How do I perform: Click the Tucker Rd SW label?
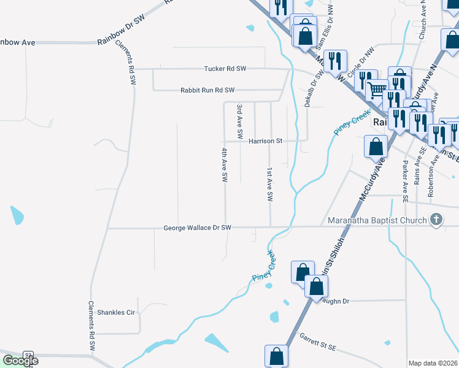click(225, 69)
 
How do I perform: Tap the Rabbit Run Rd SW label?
click(207, 90)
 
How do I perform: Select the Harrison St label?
click(265, 141)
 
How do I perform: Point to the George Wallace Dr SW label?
click(197, 228)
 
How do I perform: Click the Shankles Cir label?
click(115, 312)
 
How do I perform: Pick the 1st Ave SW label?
click(269, 185)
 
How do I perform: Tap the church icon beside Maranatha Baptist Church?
click(436, 220)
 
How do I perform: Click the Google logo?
click(20, 361)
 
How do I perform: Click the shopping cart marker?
click(377, 90)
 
